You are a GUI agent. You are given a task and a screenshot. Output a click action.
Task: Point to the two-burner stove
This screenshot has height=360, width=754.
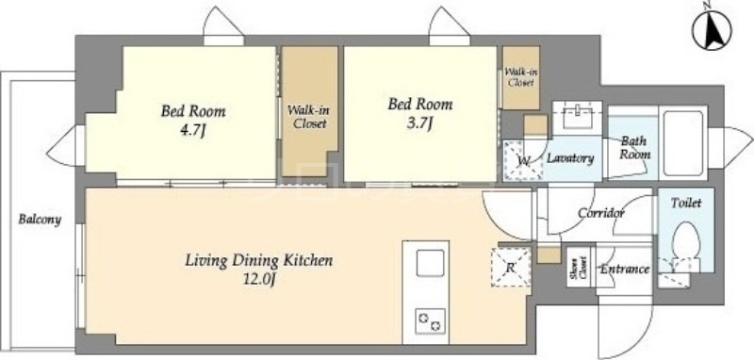[x=430, y=321]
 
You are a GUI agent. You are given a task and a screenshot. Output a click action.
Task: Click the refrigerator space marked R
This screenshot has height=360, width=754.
[x=511, y=268]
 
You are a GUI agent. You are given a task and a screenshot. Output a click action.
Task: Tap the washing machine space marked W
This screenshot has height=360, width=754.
[x=523, y=160]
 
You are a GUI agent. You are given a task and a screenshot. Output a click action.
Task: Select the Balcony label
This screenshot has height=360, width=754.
[x=40, y=220]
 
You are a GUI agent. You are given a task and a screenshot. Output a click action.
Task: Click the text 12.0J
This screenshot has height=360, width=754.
[x=258, y=280]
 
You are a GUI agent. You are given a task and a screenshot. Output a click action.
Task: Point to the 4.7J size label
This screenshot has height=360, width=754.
[x=192, y=130]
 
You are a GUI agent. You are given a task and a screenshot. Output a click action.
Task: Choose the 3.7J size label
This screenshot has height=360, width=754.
[x=420, y=123]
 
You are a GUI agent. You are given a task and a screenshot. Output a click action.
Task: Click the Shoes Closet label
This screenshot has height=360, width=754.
[x=579, y=268]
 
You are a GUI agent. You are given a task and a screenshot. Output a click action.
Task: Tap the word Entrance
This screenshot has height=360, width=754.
[x=625, y=270]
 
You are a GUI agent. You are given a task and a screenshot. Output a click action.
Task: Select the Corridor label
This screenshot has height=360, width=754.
[x=601, y=212]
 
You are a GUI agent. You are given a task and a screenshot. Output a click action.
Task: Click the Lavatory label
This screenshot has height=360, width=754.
[x=570, y=158]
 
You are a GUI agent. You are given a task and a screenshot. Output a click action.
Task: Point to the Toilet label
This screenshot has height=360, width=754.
[x=686, y=203]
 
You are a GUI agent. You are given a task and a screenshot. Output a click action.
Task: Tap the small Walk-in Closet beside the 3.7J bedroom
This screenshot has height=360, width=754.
[x=521, y=77]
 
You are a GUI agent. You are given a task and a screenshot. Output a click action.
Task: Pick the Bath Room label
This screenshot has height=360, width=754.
[x=634, y=148]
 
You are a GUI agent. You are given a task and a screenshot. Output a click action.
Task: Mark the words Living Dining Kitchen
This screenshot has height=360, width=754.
[x=258, y=261]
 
